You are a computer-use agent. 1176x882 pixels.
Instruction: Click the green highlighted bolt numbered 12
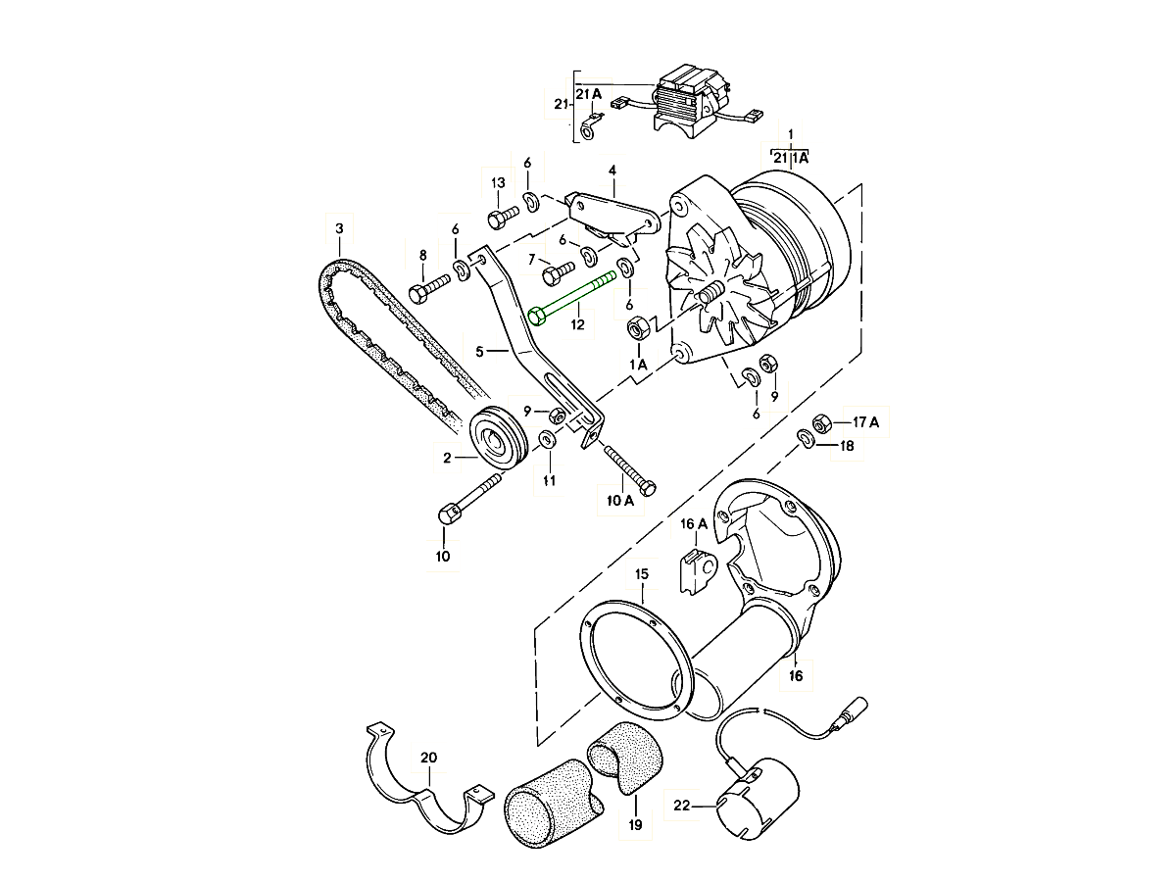tap(578, 297)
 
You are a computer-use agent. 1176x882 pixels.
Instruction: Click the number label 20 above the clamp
tap(428, 757)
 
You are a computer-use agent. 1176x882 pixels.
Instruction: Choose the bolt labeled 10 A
tap(627, 468)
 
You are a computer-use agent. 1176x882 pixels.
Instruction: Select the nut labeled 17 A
tap(823, 422)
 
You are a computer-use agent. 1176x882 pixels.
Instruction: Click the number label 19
tap(635, 825)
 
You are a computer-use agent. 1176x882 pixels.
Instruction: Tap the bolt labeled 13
tap(502, 214)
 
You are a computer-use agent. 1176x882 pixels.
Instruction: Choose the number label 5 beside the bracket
tap(479, 350)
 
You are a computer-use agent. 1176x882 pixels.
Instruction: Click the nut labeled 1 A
tap(635, 328)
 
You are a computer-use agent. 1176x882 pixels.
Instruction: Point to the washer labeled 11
tap(549, 440)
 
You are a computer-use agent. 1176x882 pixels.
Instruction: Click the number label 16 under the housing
tap(795, 676)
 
